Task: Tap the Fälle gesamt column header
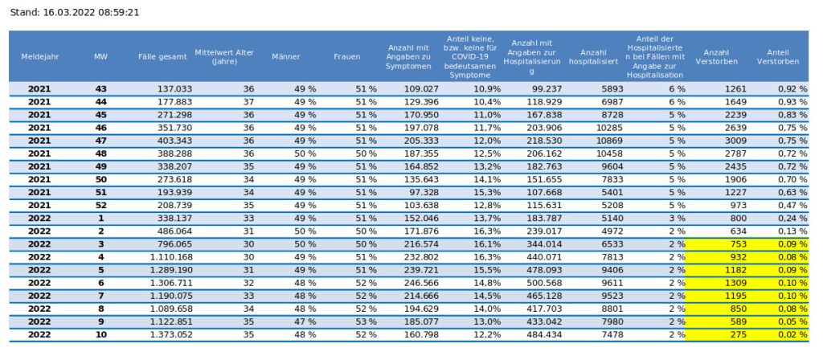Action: pyautogui.click(x=162, y=56)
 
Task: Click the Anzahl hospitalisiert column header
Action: pyautogui.click(x=593, y=56)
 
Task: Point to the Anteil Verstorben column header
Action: pyautogui.click(x=777, y=56)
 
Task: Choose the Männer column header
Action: pyautogui.click(x=286, y=56)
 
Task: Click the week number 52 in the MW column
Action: pyautogui.click(x=100, y=205)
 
